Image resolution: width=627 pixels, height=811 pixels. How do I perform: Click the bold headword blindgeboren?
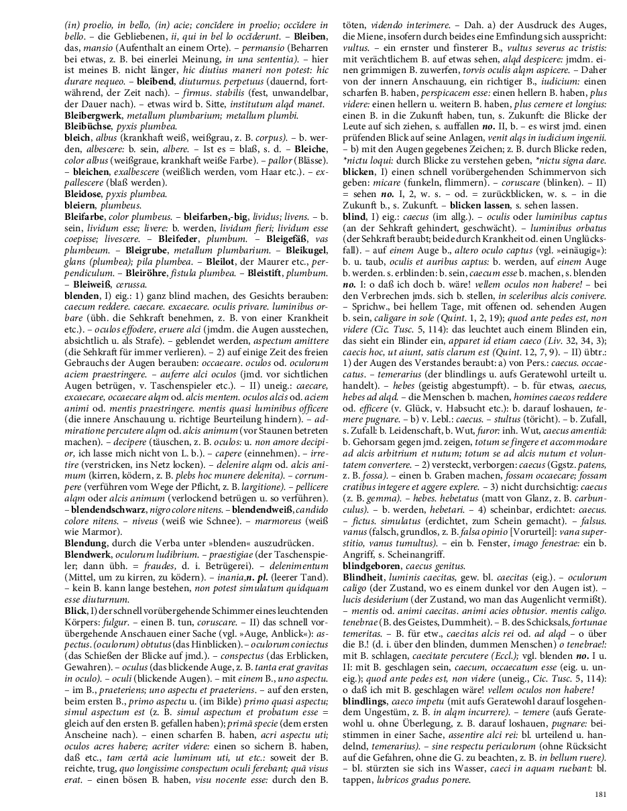coord(371,565)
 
